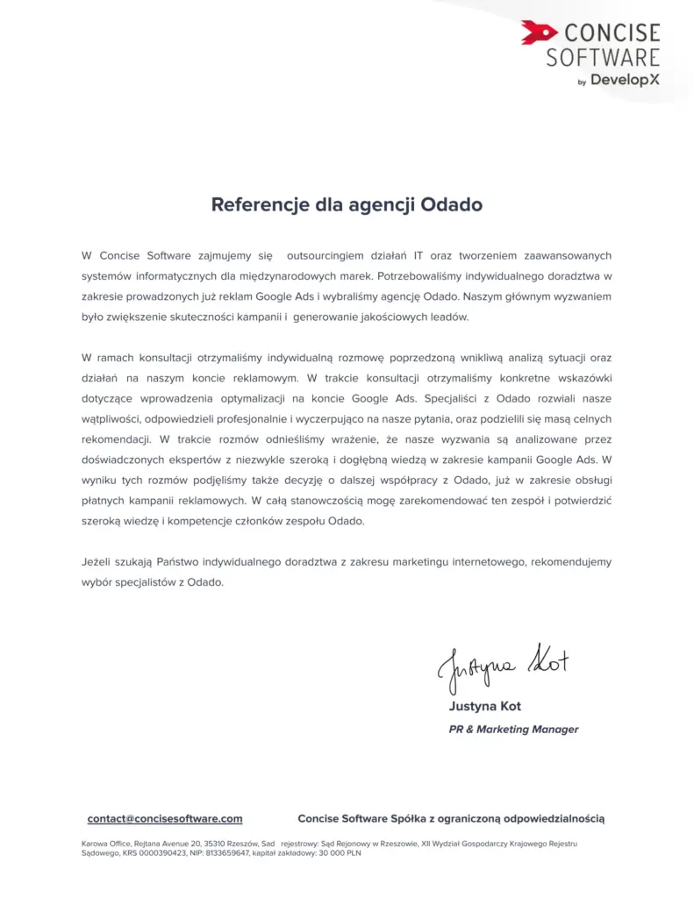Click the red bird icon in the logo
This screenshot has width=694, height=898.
pyautogui.click(x=539, y=33)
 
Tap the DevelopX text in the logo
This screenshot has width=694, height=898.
pyautogui.click(x=625, y=80)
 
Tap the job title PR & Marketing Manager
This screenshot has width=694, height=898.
pyautogui.click(x=513, y=729)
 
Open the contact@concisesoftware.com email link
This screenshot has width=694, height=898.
pyautogui.click(x=165, y=818)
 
